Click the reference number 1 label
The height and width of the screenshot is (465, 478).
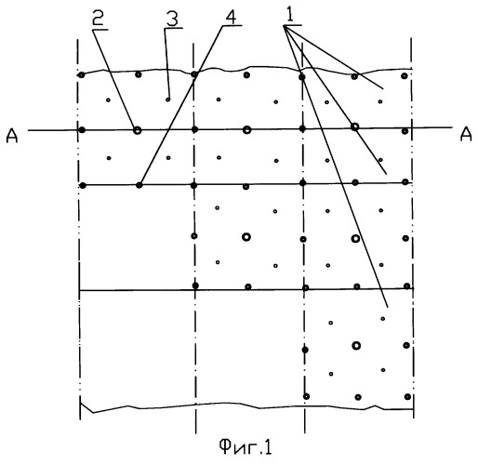(290, 14)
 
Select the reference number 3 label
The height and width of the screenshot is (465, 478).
(172, 19)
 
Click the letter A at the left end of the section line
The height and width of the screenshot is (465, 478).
(12, 136)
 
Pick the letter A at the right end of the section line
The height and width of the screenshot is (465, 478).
(466, 134)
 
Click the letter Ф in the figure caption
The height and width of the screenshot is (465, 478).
(225, 446)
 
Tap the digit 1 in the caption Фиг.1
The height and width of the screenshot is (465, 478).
(269, 447)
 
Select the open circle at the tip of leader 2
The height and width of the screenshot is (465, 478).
(137, 130)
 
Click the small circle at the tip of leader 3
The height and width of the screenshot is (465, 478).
(167, 100)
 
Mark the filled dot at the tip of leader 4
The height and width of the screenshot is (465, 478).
(139, 185)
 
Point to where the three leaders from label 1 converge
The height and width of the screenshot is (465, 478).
(284, 26)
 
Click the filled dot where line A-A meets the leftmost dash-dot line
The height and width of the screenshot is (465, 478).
(82, 130)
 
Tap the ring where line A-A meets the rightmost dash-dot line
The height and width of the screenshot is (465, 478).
(405, 131)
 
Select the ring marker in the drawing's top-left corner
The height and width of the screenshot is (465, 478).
(81, 74)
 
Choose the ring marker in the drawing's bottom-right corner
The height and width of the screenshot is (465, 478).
(407, 396)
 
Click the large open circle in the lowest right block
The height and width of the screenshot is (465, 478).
(356, 345)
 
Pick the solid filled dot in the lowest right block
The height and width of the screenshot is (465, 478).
(305, 350)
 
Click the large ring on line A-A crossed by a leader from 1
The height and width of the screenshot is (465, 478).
(355, 126)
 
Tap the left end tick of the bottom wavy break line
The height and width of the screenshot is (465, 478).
(80, 407)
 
